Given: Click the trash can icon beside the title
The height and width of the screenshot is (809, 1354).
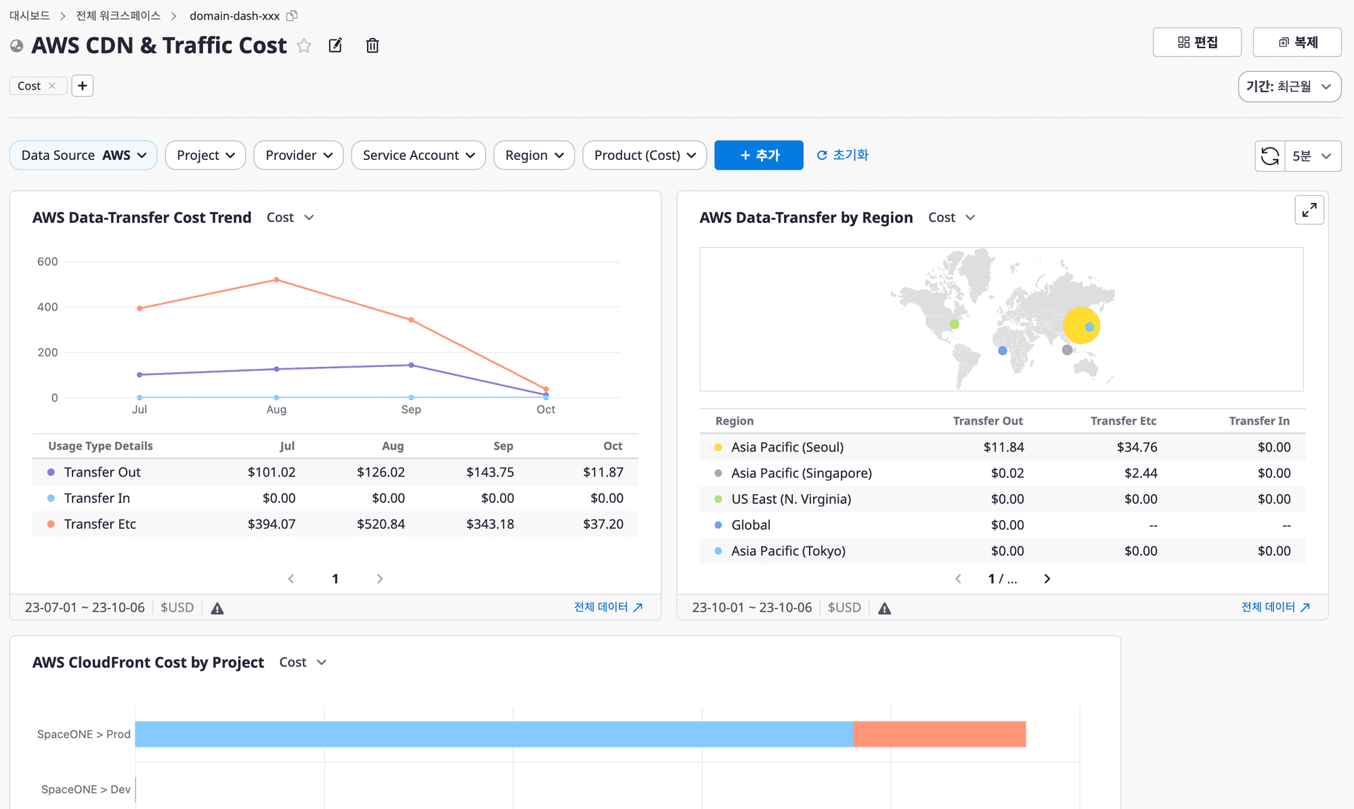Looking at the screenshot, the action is [372, 45].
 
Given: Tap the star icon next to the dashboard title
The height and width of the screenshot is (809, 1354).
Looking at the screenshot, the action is [304, 45].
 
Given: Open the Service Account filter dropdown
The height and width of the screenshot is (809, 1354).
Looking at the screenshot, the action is [418, 155].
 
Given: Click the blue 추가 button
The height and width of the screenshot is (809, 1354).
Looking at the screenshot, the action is [759, 155].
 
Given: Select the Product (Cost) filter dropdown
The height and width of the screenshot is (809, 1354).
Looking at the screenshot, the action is [645, 155].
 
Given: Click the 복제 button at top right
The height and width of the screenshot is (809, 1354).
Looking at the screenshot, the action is [1297, 42].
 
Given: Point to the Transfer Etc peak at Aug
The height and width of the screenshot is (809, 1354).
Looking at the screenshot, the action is [276, 280].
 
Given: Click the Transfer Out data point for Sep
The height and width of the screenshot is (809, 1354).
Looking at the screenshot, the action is [411, 365].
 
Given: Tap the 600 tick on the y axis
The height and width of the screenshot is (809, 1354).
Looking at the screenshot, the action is [47, 261].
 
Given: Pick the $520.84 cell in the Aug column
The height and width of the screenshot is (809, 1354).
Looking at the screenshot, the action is [381, 524].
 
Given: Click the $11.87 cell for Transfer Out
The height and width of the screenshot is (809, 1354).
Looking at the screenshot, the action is [603, 472].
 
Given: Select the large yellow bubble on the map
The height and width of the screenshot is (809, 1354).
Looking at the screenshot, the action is [1081, 326].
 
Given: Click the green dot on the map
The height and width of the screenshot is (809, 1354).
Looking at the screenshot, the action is [955, 324].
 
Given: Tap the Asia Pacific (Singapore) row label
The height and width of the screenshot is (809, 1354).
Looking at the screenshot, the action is [802, 473].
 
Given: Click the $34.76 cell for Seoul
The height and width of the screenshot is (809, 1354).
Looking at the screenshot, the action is [1137, 447].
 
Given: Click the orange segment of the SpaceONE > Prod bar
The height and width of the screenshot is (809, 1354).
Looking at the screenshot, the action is [940, 734].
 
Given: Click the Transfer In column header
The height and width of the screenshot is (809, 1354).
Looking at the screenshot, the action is [1259, 420].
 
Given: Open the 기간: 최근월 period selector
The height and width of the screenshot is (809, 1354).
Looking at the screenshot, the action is [1290, 87].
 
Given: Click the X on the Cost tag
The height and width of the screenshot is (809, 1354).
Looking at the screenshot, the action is [52, 86].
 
